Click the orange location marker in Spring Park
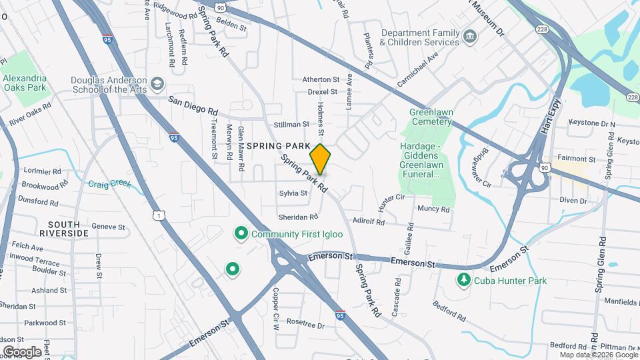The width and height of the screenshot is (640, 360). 320,159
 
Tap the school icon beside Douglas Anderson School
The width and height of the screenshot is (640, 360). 157,84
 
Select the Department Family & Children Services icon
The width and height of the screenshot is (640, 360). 470,36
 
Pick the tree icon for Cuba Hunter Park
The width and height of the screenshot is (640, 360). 463,280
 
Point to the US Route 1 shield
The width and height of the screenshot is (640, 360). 158,215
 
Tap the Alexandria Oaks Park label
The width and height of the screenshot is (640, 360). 25,83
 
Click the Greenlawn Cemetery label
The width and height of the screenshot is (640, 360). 431,117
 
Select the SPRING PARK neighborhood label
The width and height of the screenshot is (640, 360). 278,145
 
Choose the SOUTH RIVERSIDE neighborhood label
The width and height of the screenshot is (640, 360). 64,229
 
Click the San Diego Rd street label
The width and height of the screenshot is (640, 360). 193,105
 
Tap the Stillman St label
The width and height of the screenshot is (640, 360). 291,125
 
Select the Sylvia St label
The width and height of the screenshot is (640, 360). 293,193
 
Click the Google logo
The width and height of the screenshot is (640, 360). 22,351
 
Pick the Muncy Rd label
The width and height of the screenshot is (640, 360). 433,209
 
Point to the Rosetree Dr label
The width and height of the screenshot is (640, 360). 305,326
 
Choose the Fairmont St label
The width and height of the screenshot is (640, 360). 577,159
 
